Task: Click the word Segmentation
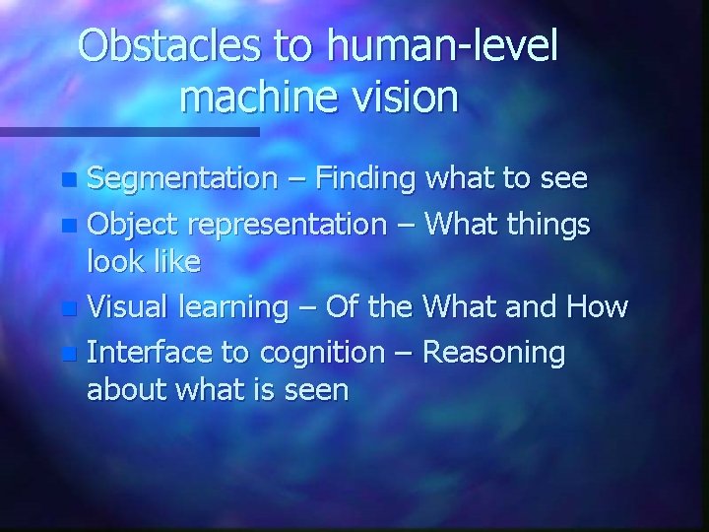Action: pyautogui.click(x=183, y=179)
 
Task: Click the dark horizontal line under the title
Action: pyautogui.click(x=129, y=131)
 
